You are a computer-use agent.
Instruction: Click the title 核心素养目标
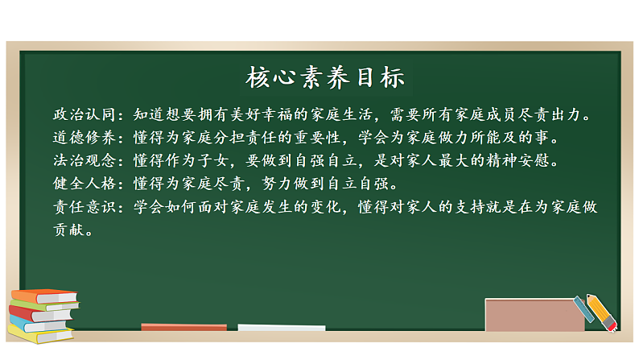(x=324, y=78)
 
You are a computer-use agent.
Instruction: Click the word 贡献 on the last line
(x=68, y=230)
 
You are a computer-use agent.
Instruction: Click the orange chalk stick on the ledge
(x=172, y=327)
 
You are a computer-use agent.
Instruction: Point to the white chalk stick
(x=281, y=328)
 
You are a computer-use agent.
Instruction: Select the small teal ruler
(x=583, y=311)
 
